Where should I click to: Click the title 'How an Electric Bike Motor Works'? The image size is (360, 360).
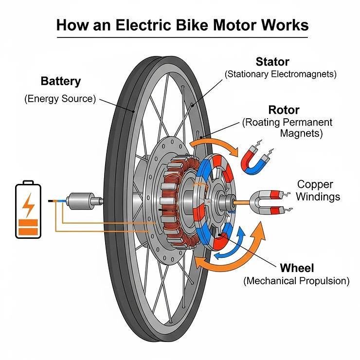point(182,25)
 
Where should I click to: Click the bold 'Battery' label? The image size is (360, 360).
point(61,81)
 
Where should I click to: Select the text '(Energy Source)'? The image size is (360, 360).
point(60,99)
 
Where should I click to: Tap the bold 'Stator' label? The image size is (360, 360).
point(272,62)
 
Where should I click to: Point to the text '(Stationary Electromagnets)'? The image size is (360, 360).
point(280,74)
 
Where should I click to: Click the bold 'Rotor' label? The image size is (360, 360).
point(284,109)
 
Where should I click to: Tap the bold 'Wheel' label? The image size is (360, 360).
point(297,268)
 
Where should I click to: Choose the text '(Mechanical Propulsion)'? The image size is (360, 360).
point(296,281)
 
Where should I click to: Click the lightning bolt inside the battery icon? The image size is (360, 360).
point(29,206)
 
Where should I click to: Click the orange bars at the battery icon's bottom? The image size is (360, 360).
point(29,226)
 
